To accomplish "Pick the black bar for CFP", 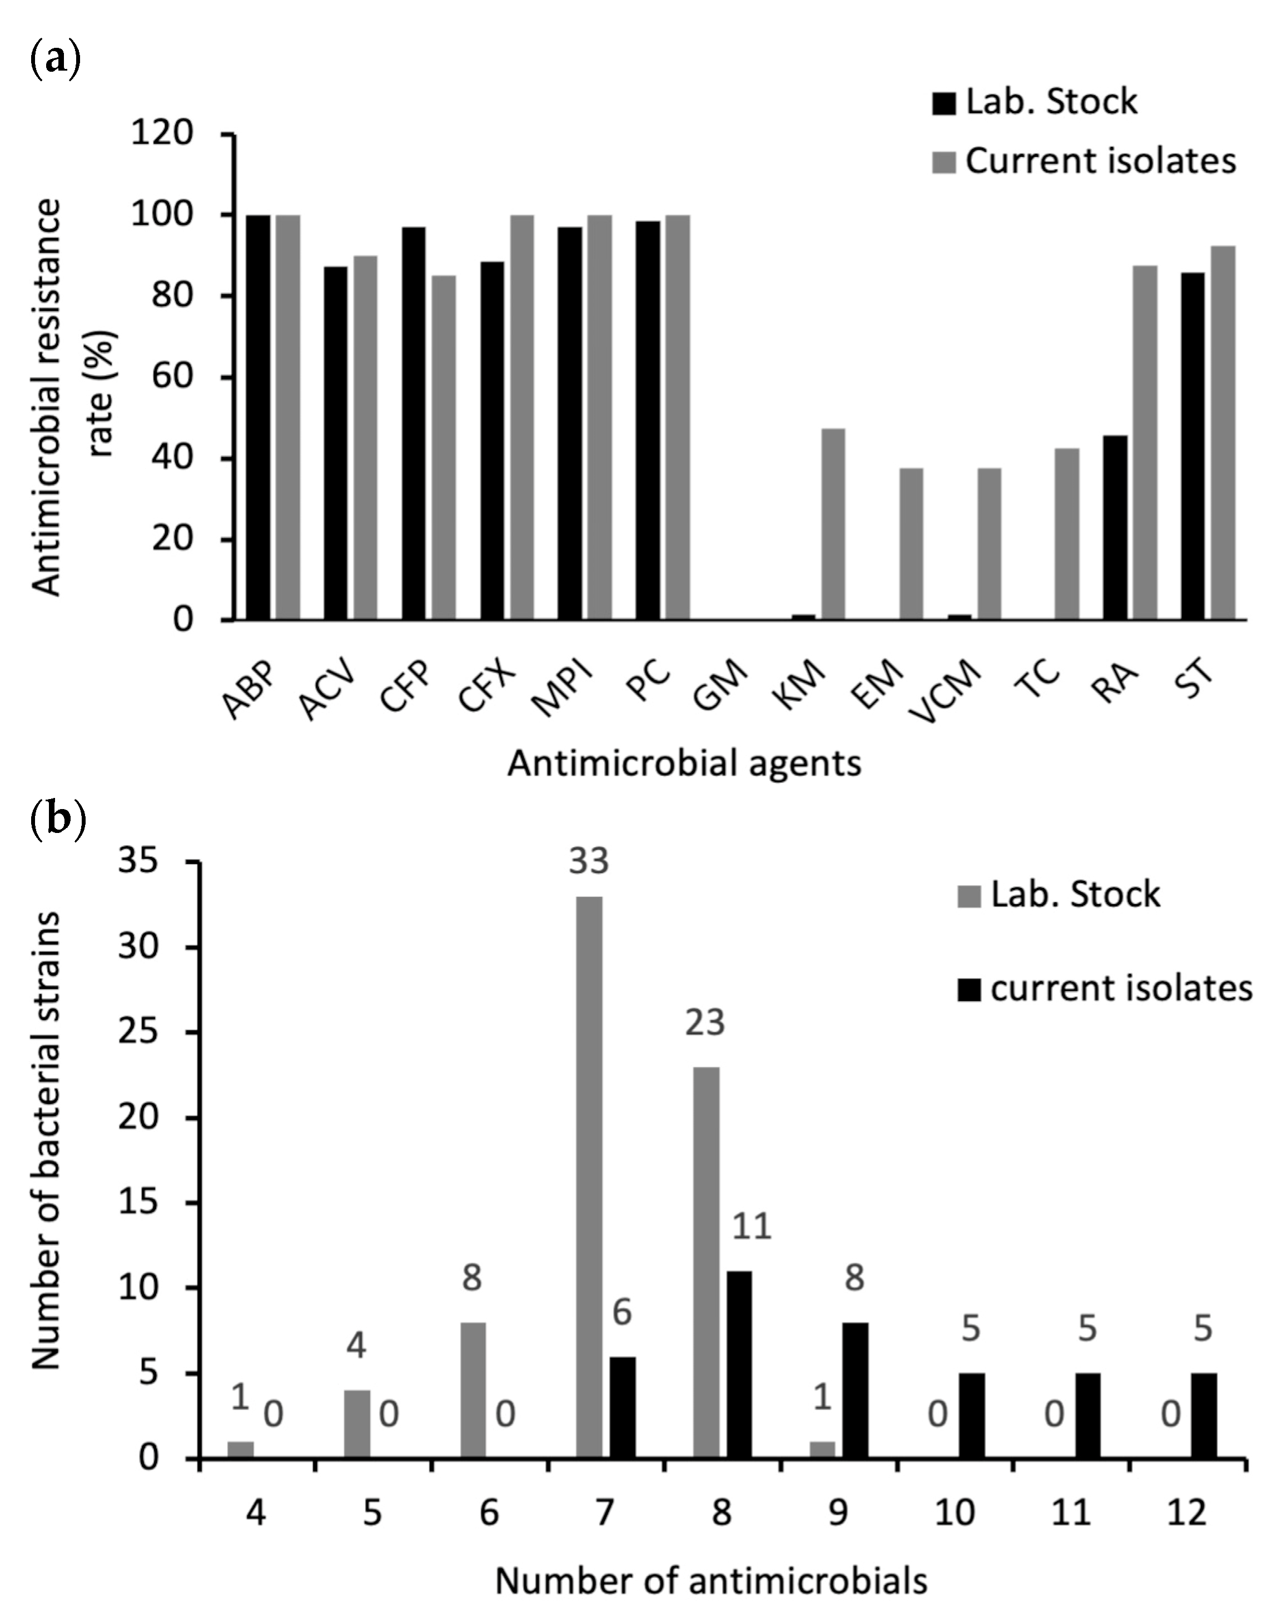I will click(414, 423).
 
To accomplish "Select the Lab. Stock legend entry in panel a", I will click(1036, 102).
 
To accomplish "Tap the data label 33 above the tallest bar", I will click(589, 861).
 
